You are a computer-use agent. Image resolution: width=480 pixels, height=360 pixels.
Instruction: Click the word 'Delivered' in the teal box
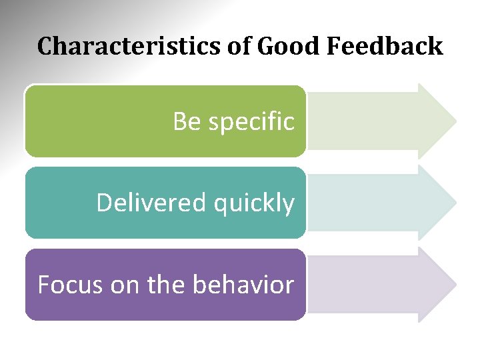coord(151,203)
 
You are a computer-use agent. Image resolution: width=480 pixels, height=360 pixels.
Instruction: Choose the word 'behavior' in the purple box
coord(243,285)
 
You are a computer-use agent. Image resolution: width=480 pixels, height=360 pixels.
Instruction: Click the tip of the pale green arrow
coord(455,121)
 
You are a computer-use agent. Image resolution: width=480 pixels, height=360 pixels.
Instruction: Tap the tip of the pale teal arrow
coord(455,203)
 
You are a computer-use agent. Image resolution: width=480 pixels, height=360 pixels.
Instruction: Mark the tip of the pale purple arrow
coord(455,285)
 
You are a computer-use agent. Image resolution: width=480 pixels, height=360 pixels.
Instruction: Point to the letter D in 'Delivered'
coord(105,203)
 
